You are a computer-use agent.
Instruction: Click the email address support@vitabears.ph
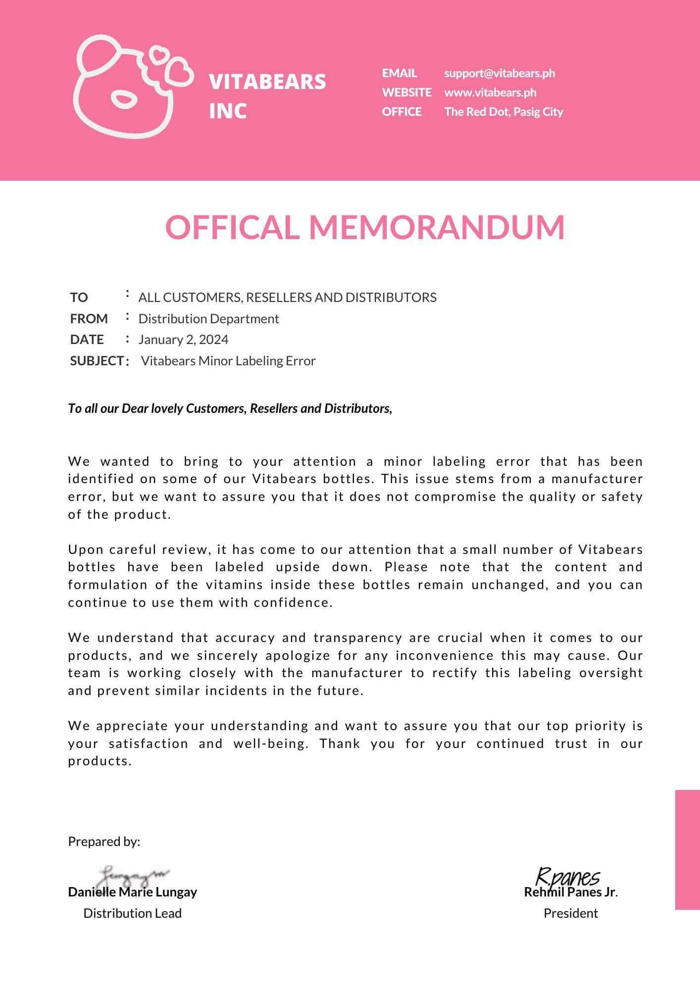pyautogui.click(x=499, y=73)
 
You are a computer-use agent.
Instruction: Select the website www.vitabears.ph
pyautogui.click(x=490, y=93)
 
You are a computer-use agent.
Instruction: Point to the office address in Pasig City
pyautogui.click(x=503, y=112)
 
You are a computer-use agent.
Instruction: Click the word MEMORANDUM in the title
pyautogui.click(x=437, y=227)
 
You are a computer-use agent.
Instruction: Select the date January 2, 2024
pyautogui.click(x=183, y=340)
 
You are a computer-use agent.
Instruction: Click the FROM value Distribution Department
pyautogui.click(x=208, y=319)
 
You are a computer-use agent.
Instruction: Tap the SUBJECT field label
pyautogui.click(x=97, y=361)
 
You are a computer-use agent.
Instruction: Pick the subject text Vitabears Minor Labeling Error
pyautogui.click(x=228, y=361)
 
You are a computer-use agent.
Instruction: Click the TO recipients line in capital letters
pyautogui.click(x=287, y=297)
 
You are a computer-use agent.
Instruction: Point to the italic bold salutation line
pyautogui.click(x=230, y=408)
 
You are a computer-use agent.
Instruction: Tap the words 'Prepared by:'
pyautogui.click(x=104, y=841)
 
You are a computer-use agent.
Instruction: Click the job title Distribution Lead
pyautogui.click(x=132, y=913)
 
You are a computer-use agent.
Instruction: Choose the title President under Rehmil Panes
pyautogui.click(x=571, y=913)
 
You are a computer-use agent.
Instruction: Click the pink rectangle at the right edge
pyautogui.click(x=688, y=849)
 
